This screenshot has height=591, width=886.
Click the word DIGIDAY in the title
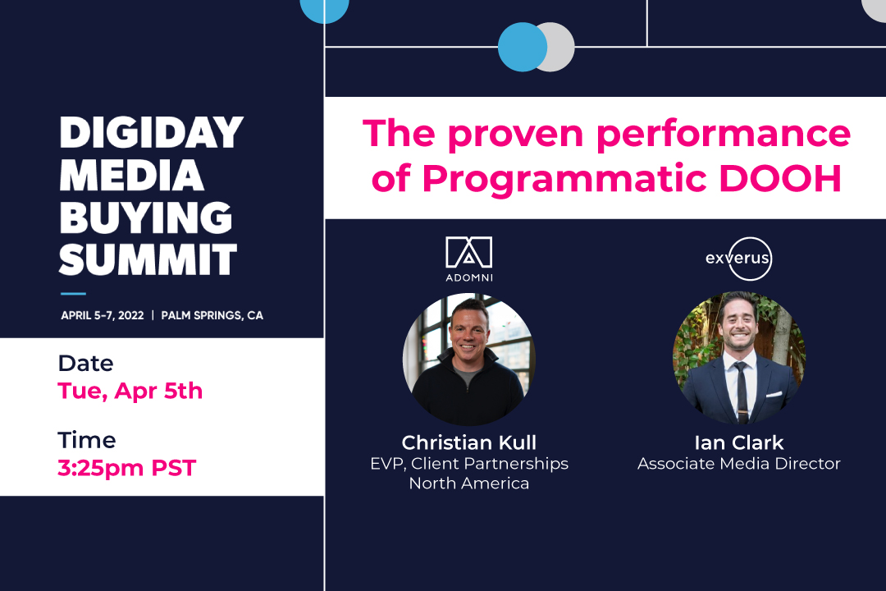pos(152,133)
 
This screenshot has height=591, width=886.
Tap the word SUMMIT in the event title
pos(148,259)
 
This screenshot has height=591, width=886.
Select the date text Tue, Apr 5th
pos(130,392)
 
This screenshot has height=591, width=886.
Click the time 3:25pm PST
pos(126,469)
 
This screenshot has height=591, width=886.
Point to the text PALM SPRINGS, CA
pos(212,315)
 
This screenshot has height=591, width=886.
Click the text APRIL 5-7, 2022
pos(103,315)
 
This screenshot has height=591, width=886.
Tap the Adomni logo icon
pos(469,252)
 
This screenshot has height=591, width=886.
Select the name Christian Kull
pos(469,442)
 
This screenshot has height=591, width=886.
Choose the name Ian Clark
pos(739,442)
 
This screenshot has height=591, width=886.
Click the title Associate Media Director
pos(739,464)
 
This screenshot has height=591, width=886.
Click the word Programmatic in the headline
pos(564,180)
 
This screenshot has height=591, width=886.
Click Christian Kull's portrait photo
pos(469,360)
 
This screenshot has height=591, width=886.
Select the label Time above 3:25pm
pos(87,440)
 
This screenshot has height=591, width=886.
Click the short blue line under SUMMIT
pos(74,294)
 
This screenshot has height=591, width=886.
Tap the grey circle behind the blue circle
pos(560,47)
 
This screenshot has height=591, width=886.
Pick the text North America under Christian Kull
pos(469,483)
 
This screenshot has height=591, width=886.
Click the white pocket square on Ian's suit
pos(774,394)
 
